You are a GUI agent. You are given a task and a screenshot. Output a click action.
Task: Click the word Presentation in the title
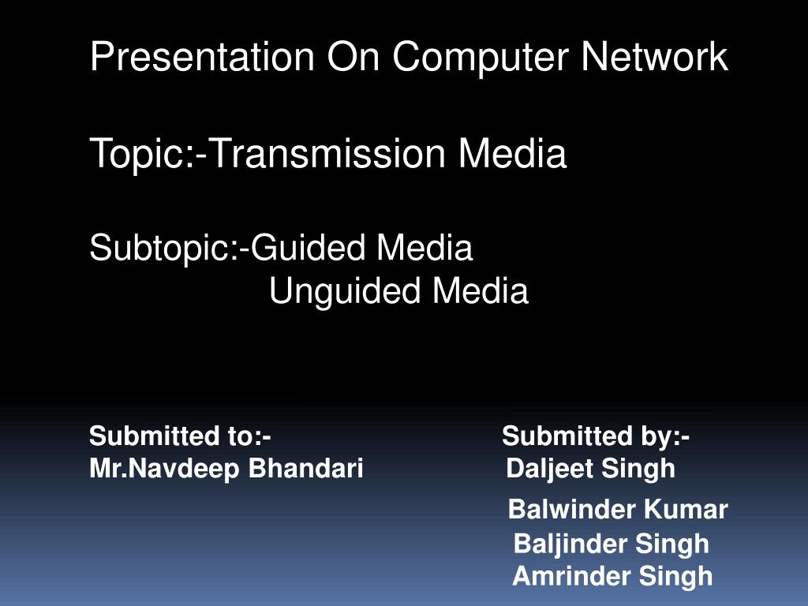click(x=202, y=58)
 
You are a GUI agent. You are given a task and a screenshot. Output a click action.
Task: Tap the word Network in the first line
click(x=655, y=58)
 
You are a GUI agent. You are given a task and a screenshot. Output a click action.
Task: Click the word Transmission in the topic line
click(x=329, y=154)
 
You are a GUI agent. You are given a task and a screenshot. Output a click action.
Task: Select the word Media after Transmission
click(x=513, y=154)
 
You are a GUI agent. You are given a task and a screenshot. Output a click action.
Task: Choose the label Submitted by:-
click(x=596, y=436)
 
